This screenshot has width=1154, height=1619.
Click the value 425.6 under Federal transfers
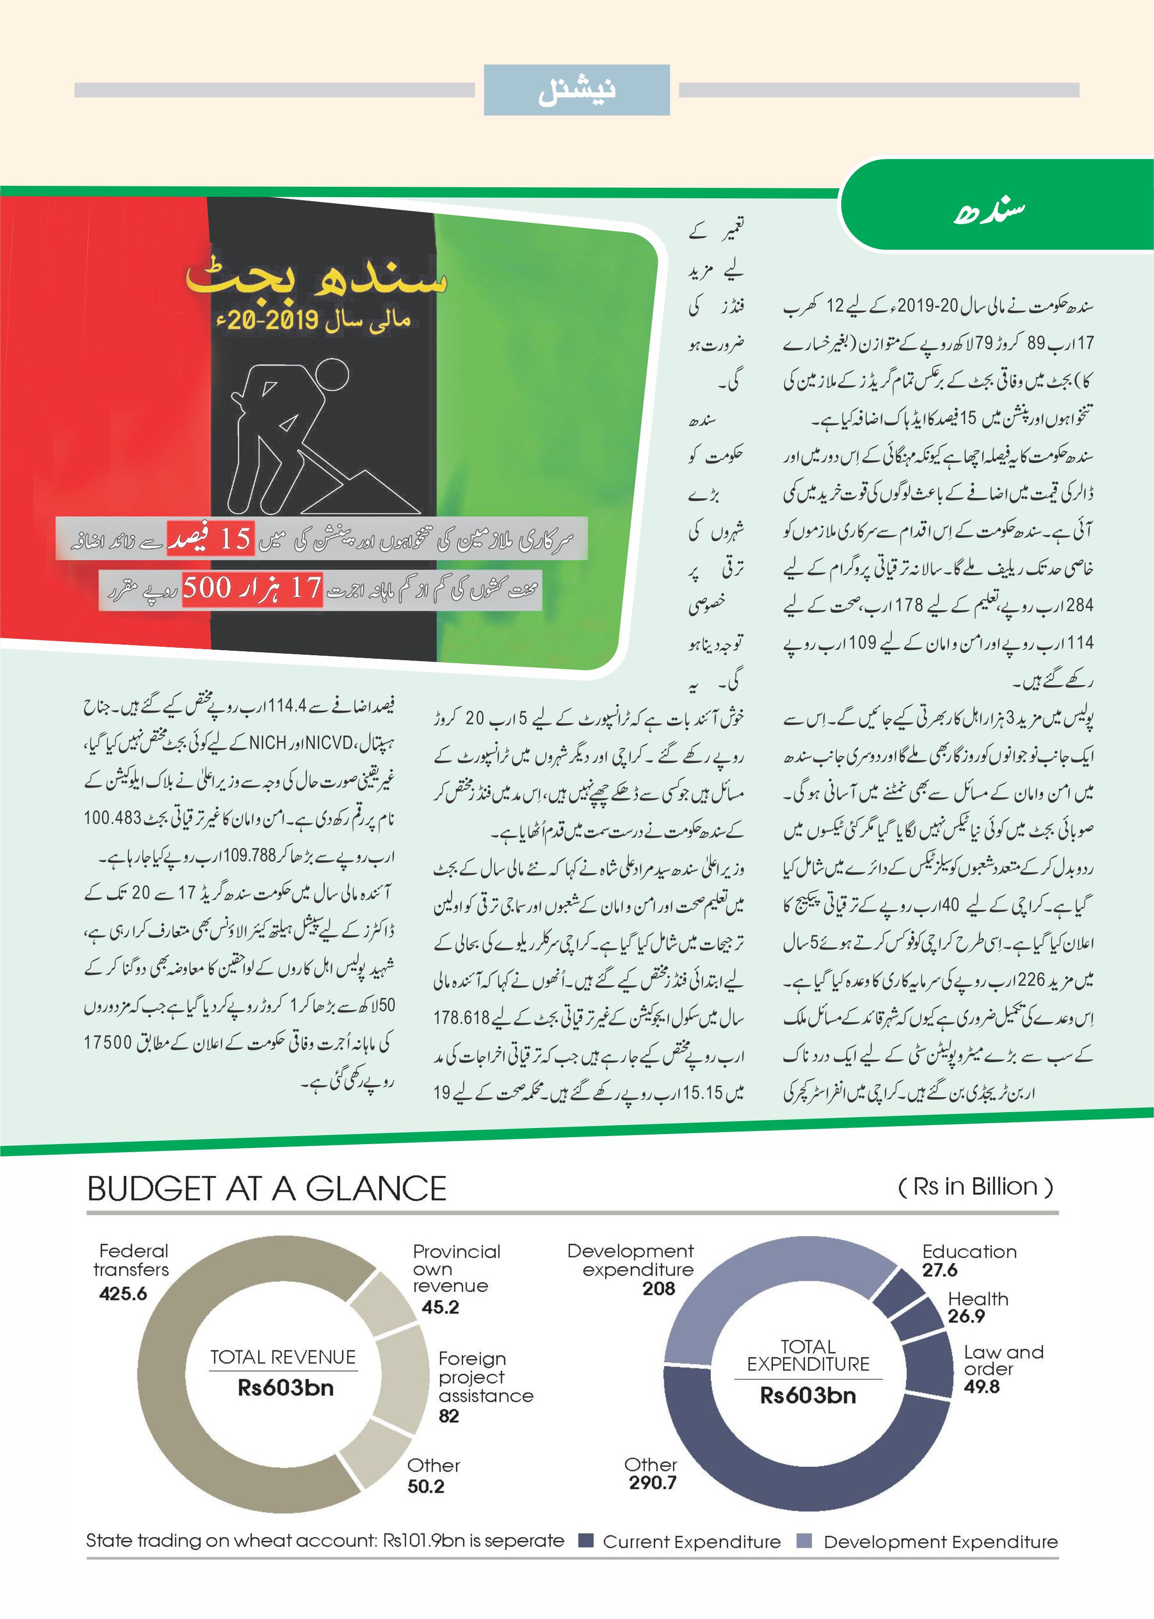(x=123, y=1293)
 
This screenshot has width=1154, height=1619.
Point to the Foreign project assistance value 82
(x=449, y=1416)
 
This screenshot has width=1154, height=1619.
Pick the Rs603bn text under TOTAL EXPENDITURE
(x=808, y=1395)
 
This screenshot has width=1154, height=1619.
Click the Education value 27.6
(x=939, y=1270)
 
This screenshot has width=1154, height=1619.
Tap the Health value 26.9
(x=966, y=1316)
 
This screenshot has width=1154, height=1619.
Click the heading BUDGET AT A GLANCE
(x=266, y=1189)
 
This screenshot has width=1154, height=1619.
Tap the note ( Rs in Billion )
(x=975, y=1187)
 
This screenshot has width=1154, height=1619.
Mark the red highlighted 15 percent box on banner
(x=210, y=538)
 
